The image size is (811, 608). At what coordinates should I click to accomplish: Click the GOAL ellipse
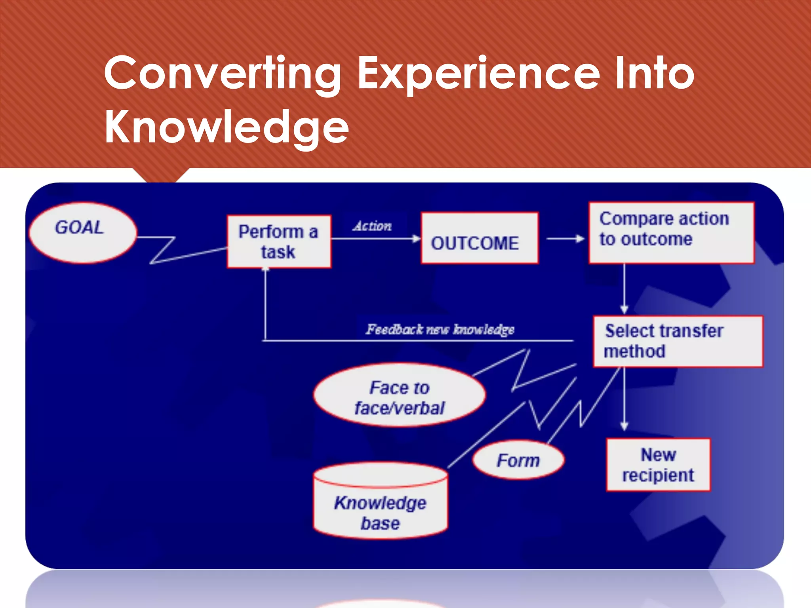coord(83,232)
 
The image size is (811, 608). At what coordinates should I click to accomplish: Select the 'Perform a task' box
coord(279,241)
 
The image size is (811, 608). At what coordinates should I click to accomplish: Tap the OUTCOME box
coord(479,238)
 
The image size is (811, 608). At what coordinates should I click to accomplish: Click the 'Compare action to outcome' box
coord(671,233)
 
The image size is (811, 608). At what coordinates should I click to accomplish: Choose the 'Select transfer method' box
coord(678,341)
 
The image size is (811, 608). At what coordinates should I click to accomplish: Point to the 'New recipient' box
coord(658,465)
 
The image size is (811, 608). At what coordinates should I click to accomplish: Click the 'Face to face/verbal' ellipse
coord(399,395)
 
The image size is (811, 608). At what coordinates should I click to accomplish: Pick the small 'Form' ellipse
coord(518,460)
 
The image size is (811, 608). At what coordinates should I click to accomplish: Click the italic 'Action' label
coord(372,226)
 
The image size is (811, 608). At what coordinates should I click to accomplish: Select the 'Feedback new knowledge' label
coord(440,329)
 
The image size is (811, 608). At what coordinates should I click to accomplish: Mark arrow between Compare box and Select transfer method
coord(624,289)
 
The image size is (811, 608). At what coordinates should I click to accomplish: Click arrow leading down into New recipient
coord(624,400)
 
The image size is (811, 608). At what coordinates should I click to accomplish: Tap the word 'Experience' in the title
coord(479,74)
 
